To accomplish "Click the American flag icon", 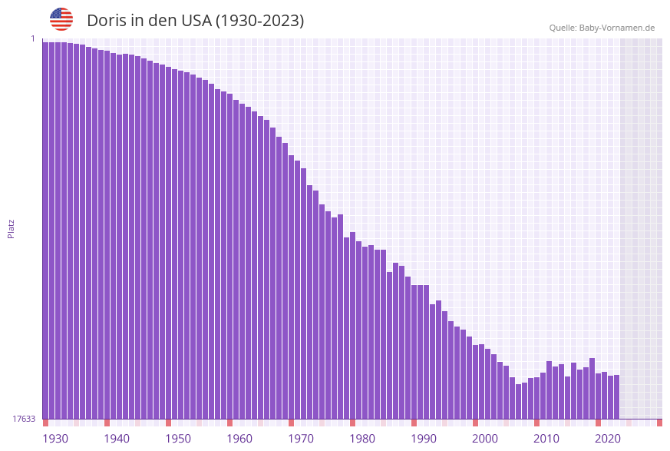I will pyautogui.click(x=61, y=19).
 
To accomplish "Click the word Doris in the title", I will pyautogui.click(x=106, y=21).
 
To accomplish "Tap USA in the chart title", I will pyautogui.click(x=196, y=21).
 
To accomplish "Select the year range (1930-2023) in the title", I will pyautogui.click(x=260, y=21).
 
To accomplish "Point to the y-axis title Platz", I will pyautogui.click(x=12, y=228).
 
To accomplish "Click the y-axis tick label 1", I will pyautogui.click(x=32, y=38).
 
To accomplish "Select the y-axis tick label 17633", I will pyautogui.click(x=24, y=419).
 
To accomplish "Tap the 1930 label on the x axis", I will pyautogui.click(x=55, y=439).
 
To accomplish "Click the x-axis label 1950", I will pyautogui.click(x=178, y=439).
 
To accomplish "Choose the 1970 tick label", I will pyautogui.click(x=301, y=439).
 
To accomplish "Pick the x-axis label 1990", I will pyautogui.click(x=424, y=439).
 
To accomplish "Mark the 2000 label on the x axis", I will pyautogui.click(x=485, y=439).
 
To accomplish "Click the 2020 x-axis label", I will pyautogui.click(x=608, y=439).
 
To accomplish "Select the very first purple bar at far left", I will pyautogui.click(x=45, y=230).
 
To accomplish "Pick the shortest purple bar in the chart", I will pyautogui.click(x=518, y=401).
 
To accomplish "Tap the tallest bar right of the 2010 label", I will pyautogui.click(x=592, y=388).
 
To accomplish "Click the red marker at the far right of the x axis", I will pyautogui.click(x=659, y=423).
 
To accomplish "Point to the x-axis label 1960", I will pyautogui.click(x=239, y=439).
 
